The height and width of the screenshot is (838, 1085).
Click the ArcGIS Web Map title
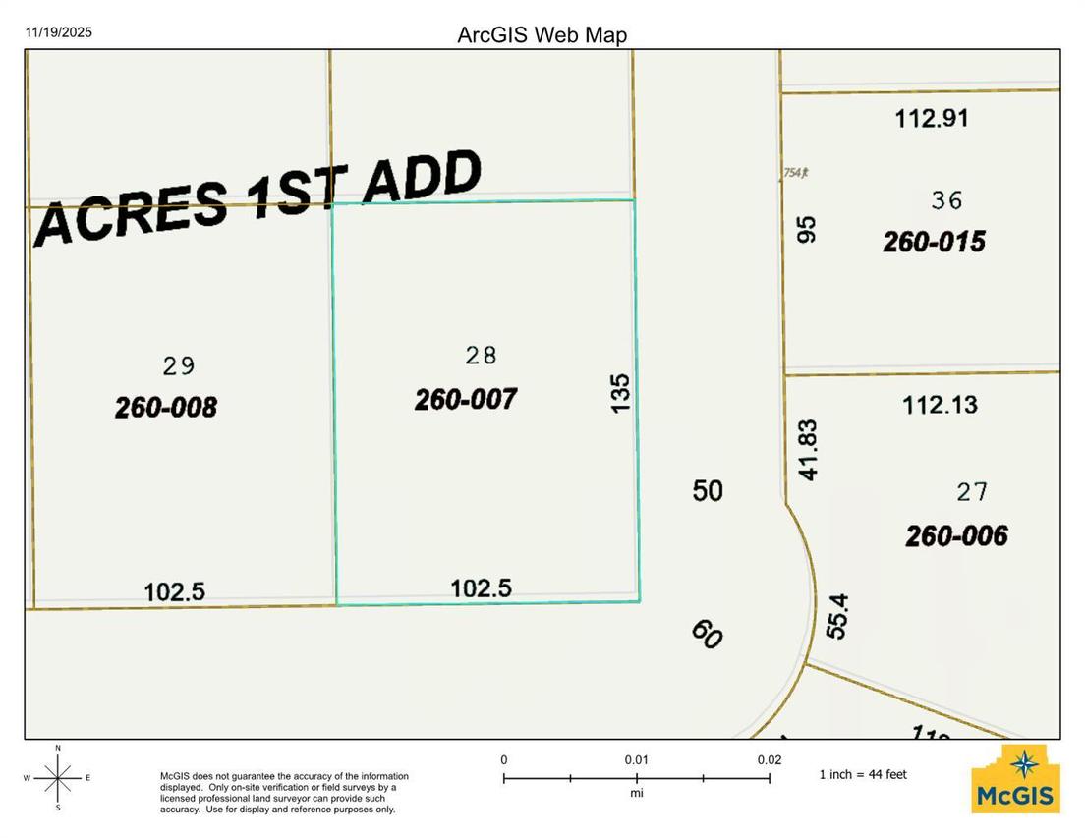pos(542,35)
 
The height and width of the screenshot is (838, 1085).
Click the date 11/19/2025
pos(59,32)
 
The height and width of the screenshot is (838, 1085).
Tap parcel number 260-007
pos(465,399)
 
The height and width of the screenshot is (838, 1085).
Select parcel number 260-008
pos(165,407)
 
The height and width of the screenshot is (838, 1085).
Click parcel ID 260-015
pos(934,242)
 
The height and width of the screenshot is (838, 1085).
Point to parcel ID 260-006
pos(956,535)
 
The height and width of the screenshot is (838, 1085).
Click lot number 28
pos(481,355)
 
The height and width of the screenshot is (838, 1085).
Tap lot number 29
pos(179,366)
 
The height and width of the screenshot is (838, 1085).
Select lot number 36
pos(946,200)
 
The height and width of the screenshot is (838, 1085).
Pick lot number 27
pos(972,491)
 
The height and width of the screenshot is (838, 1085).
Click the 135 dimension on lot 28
pos(620,392)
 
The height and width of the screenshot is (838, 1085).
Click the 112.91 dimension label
pos(932,119)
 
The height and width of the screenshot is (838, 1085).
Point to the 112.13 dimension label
pos(940,404)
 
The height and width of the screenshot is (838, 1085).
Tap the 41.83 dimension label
pos(808,450)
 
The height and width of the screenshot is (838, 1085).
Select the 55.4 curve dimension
pos(836,616)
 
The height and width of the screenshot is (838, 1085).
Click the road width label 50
pos(708,490)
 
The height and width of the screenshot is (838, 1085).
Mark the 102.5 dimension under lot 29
pos(174,591)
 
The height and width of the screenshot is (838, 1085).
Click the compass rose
pos(58,777)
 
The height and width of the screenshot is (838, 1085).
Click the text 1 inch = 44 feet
pos(863,774)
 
